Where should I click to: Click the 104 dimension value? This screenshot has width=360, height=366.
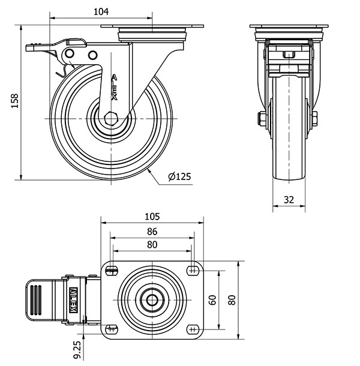click(x=101, y=11)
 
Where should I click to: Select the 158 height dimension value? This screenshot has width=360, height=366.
click(x=15, y=101)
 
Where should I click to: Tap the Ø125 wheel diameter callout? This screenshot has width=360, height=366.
click(x=179, y=176)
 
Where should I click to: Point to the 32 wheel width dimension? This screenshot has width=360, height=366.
click(x=289, y=200)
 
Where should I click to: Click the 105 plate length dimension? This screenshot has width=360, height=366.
click(x=152, y=217)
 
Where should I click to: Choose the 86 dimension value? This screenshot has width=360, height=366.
click(x=152, y=232)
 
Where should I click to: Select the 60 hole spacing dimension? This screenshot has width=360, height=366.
click(x=212, y=300)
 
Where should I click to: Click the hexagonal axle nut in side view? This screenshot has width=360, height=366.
click(x=112, y=119)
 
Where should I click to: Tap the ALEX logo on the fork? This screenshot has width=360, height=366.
click(x=114, y=87)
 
